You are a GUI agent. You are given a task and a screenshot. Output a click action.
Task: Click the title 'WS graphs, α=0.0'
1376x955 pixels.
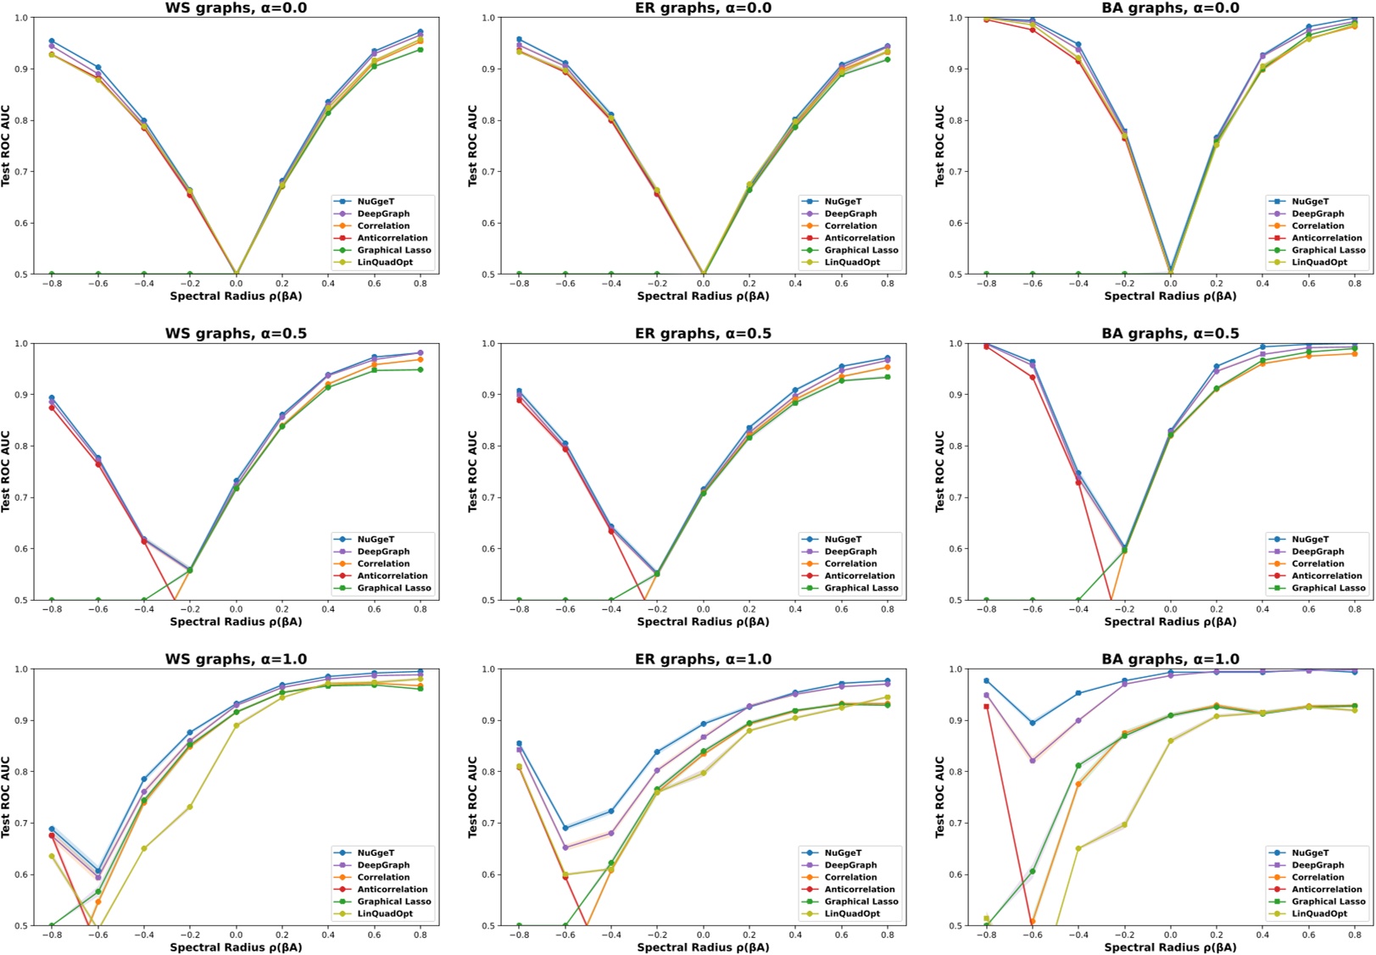(236, 8)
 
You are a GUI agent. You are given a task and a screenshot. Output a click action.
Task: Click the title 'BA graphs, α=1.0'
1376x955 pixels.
(1170, 659)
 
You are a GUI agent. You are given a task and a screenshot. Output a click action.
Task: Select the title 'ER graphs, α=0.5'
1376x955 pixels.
(703, 334)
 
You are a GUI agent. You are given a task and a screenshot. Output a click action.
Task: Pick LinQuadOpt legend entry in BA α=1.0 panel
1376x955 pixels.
(1319, 913)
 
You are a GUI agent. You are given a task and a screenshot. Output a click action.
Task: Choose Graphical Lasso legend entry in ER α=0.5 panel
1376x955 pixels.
(861, 588)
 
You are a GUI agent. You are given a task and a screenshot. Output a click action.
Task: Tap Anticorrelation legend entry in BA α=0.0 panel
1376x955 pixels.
(1326, 238)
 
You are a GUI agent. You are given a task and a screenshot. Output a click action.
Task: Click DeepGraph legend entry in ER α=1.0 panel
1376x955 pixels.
(850, 865)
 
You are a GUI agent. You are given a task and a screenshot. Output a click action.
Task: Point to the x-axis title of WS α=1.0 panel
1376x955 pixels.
(236, 947)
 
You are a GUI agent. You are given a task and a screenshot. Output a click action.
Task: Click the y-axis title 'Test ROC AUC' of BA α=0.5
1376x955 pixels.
(939, 471)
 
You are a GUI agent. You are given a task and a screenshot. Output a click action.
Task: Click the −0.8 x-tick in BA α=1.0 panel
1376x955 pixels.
(986, 935)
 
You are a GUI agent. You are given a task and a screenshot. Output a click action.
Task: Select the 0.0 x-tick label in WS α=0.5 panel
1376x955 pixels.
(236, 609)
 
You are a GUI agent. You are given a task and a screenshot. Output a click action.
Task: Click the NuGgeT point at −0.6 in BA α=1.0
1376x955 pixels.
(1032, 723)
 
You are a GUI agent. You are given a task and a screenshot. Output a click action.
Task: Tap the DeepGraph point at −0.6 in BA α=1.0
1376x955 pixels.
(1032, 760)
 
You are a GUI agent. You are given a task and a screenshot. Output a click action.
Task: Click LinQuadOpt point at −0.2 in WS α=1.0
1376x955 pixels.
(190, 807)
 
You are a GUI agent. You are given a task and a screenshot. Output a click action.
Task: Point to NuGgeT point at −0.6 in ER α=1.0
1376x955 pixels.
(565, 828)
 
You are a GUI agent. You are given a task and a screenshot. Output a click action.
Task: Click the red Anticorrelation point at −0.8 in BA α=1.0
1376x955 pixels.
(986, 706)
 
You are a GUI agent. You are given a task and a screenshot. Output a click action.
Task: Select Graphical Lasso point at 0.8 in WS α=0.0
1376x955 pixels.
(421, 50)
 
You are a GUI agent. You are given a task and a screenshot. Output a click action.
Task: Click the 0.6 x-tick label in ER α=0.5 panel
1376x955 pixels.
(841, 609)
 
